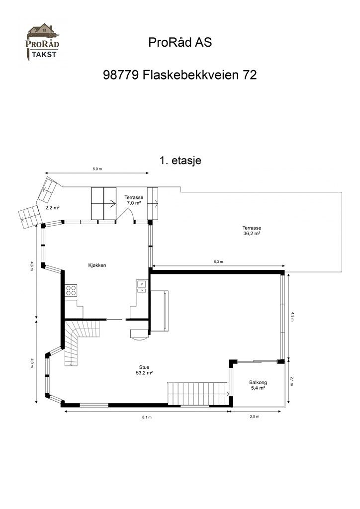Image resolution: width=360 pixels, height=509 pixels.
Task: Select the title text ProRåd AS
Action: pos(180,43)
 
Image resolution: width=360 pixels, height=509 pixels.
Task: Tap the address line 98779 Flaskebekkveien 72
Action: pos(180,75)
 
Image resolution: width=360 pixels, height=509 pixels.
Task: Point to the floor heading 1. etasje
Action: pos(180,161)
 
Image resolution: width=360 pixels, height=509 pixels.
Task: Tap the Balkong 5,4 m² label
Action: pos(258,385)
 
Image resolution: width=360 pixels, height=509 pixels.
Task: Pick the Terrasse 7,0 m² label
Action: pos(133,200)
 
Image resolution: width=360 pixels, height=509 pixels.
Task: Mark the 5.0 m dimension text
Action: pos(97,169)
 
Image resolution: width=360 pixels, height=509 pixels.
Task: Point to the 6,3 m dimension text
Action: pos(218,262)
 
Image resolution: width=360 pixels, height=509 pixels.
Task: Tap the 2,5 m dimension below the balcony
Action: pos(255,417)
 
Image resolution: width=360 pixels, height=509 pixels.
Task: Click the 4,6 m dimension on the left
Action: pos(32,267)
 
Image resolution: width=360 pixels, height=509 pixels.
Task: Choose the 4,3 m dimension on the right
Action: pos(292,317)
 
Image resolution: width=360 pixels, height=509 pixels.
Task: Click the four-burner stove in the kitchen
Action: pos(71,289)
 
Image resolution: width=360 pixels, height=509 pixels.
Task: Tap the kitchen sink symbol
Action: pos(141,284)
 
